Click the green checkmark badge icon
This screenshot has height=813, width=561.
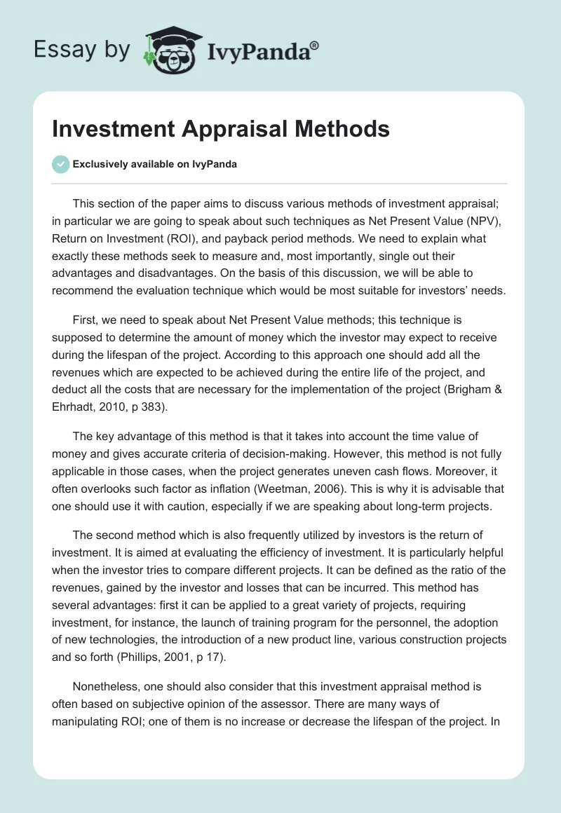coord(60,165)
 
